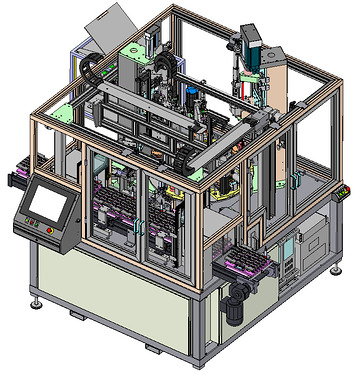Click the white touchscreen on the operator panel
46,204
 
